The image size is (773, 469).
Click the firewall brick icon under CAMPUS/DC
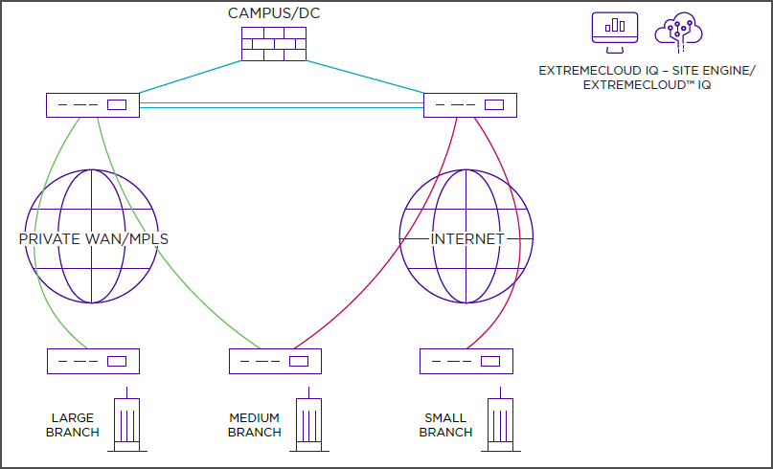[273, 43]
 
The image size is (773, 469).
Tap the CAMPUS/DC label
[273, 12]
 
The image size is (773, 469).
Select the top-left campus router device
[93, 104]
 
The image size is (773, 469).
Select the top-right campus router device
[470, 104]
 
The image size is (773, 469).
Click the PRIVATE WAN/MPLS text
[94, 238]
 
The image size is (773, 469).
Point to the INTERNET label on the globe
[466, 238]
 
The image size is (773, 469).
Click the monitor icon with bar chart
[615, 33]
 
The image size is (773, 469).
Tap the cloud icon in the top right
[677, 33]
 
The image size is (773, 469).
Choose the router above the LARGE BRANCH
[93, 361]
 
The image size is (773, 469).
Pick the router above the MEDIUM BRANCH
[275, 361]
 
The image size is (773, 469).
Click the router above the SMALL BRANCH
[466, 361]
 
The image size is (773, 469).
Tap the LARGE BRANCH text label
[73, 425]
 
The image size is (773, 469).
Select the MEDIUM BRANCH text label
[254, 425]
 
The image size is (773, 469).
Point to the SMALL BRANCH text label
[445, 425]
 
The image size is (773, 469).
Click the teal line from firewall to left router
[192, 78]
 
